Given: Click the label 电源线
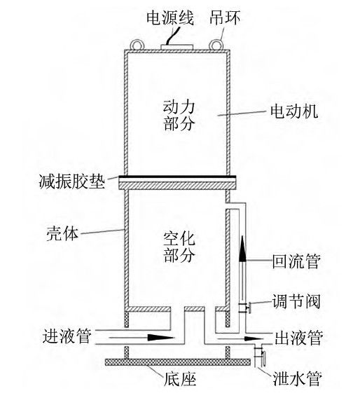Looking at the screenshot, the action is (x=170, y=18).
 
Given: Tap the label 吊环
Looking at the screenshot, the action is (x=225, y=18).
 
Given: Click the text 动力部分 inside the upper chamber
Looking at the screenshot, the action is (x=179, y=115).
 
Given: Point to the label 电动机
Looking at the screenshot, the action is (x=294, y=111).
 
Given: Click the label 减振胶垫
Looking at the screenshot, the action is (x=72, y=181).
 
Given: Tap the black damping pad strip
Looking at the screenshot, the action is (x=177, y=177).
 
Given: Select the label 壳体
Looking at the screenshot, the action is (x=62, y=233).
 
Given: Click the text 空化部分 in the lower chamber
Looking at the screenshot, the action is (x=179, y=247).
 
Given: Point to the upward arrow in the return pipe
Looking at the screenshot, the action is (x=242, y=249).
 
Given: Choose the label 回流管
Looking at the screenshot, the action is (x=296, y=261).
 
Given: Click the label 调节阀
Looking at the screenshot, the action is (x=296, y=301).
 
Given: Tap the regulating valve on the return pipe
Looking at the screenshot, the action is (x=244, y=308).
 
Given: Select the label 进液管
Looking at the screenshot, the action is (x=67, y=336).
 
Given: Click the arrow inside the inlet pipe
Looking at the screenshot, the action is (x=141, y=338).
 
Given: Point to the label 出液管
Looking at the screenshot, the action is (x=299, y=338).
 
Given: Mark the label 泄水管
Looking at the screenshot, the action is (x=298, y=378).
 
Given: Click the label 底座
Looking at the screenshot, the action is (x=180, y=379).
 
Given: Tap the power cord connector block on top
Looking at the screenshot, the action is (x=177, y=47).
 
